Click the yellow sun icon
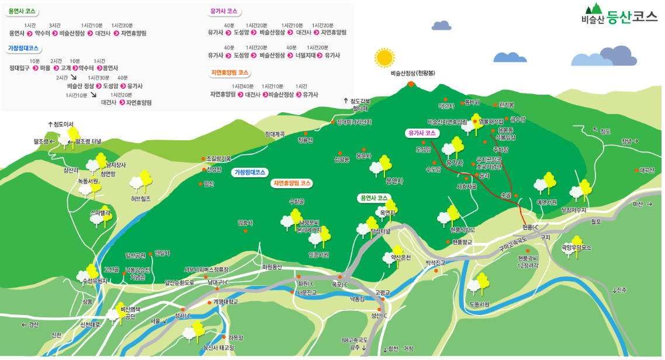(x=385, y=57)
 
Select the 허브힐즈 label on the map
(x=141, y=199)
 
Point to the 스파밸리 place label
(x=101, y=213)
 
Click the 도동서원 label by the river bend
(x=479, y=304)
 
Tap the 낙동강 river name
(x=357, y=299)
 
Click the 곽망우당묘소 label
(x=576, y=248)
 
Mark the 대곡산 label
(x=647, y=170)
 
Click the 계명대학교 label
(x=226, y=302)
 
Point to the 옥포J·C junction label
(x=340, y=285)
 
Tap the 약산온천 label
(x=401, y=257)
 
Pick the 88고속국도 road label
(x=355, y=340)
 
